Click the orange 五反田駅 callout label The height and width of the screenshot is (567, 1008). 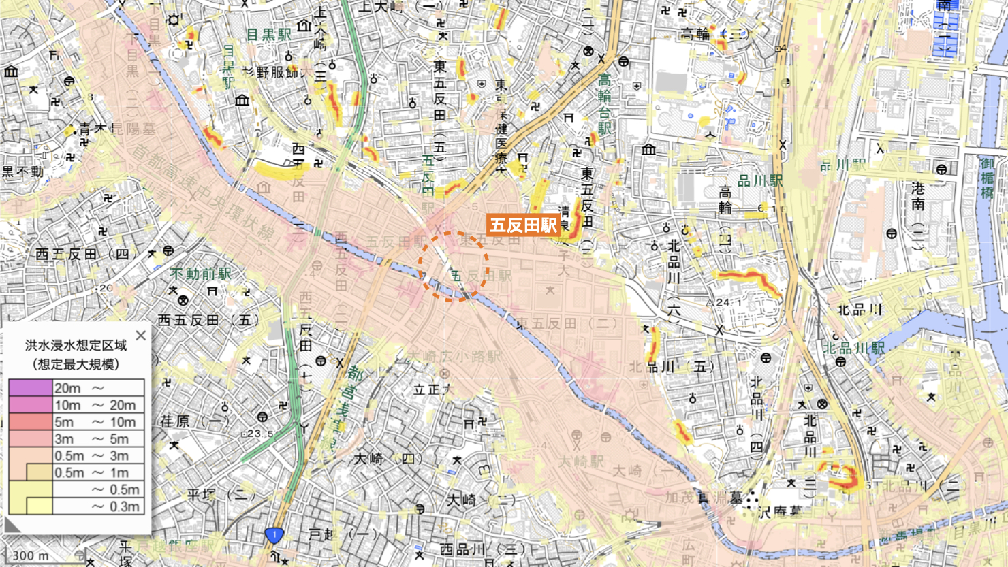click(523, 225)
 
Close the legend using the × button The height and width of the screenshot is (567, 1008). click(140, 335)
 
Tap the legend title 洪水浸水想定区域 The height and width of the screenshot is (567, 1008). click(76, 345)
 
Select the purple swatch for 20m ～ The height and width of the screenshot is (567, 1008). click(31, 388)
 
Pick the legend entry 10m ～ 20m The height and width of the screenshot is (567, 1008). click(95, 405)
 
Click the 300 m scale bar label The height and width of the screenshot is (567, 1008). click(31, 555)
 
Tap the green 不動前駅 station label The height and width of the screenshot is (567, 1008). click(200, 274)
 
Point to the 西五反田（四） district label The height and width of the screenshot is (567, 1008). click(82, 255)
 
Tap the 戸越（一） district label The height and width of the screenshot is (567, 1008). click(338, 535)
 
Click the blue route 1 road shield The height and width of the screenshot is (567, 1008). click(274, 535)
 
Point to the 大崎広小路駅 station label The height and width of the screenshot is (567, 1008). click(453, 356)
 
